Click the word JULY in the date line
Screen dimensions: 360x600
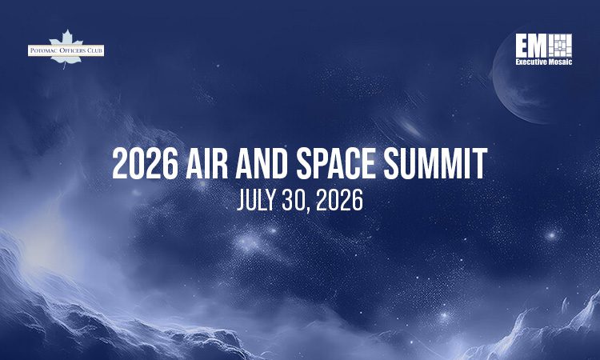coord(256,200)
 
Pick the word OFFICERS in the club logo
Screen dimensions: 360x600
coord(70,51)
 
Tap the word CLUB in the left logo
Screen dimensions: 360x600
coord(94,51)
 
